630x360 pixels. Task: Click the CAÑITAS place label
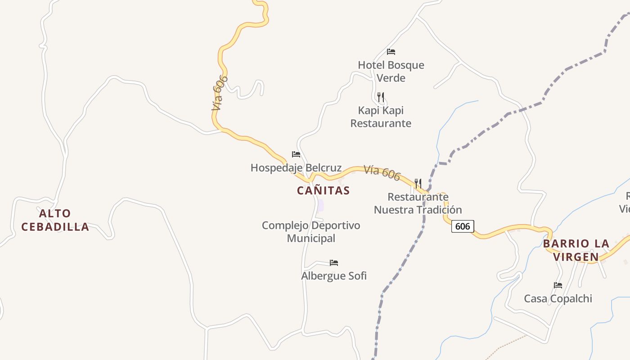click(323, 190)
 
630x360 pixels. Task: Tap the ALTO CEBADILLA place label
click(55, 220)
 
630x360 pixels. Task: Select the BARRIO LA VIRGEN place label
click(576, 250)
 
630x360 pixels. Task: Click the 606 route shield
click(463, 226)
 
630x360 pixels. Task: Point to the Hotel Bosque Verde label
click(391, 71)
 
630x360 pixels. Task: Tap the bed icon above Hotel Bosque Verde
click(391, 52)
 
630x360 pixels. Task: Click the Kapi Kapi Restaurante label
click(381, 117)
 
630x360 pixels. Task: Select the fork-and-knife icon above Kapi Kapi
click(381, 97)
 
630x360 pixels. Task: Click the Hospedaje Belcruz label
click(296, 168)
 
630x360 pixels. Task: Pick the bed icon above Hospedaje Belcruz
click(296, 154)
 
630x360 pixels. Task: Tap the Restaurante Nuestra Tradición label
click(418, 203)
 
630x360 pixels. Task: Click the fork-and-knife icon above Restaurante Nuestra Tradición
click(418, 183)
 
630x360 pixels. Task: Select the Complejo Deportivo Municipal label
click(311, 231)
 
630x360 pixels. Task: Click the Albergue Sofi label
click(333, 275)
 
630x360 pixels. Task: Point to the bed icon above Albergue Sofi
click(333, 263)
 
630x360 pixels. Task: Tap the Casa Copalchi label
click(558, 298)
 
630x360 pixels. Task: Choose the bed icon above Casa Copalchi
click(558, 285)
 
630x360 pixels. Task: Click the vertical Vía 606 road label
click(220, 93)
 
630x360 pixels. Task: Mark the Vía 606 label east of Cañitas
click(382, 173)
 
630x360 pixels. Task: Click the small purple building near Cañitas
click(320, 205)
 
